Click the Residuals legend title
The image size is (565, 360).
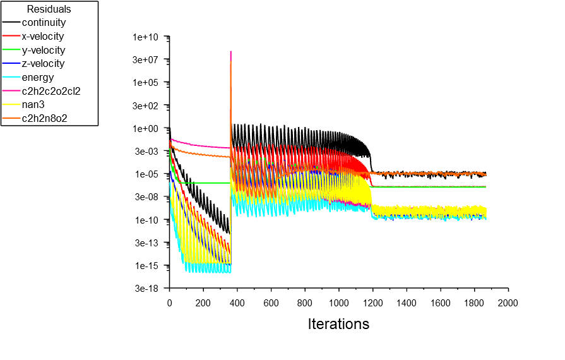(49, 9)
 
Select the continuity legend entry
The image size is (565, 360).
(44, 23)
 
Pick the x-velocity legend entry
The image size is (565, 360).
(42, 37)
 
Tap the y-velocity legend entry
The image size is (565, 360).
(42, 50)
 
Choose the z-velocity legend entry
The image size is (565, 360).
(42, 64)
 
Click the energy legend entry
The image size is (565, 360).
(37, 78)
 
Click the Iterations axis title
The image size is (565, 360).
(338, 324)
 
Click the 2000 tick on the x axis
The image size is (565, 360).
(508, 303)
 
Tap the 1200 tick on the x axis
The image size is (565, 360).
(372, 303)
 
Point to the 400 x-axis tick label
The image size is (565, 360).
(237, 303)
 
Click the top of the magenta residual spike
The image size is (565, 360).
(231, 51)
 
